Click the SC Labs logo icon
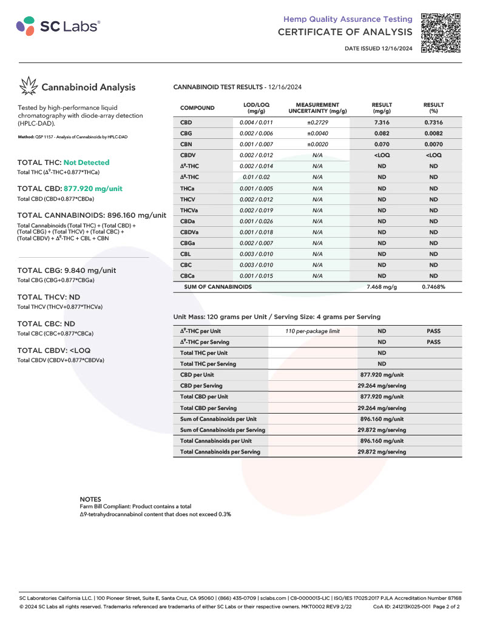tap(25, 26)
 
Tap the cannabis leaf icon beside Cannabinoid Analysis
tap(28, 86)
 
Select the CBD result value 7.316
tap(382, 122)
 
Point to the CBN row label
tap(186, 144)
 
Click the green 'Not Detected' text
tap(86, 163)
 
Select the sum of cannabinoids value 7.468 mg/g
tap(382, 287)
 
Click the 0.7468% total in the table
tap(433, 287)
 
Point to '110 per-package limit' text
tap(313, 331)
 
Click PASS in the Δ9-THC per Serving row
tap(433, 342)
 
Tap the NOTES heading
tap(91, 499)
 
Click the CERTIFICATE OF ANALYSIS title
tap(345, 32)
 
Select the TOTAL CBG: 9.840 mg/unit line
tap(67, 270)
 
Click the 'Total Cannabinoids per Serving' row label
tap(220, 452)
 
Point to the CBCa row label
tap(188, 276)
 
